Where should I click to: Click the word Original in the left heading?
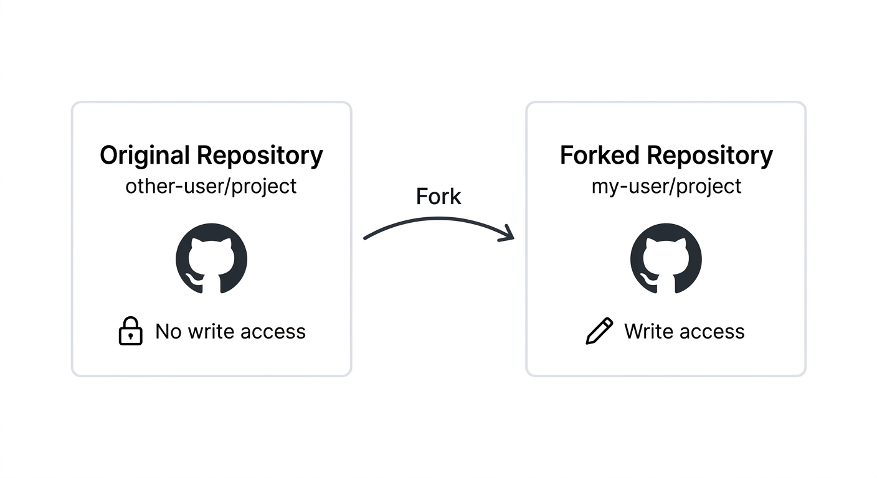145,155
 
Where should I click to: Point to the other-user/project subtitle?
211,186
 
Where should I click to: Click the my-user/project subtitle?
666,186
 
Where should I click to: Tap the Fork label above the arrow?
439,197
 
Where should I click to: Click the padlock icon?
130,331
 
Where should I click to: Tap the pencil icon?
599,331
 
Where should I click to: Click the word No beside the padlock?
168,332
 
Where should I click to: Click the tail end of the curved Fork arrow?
366,238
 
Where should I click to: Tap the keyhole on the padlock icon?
130,336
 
